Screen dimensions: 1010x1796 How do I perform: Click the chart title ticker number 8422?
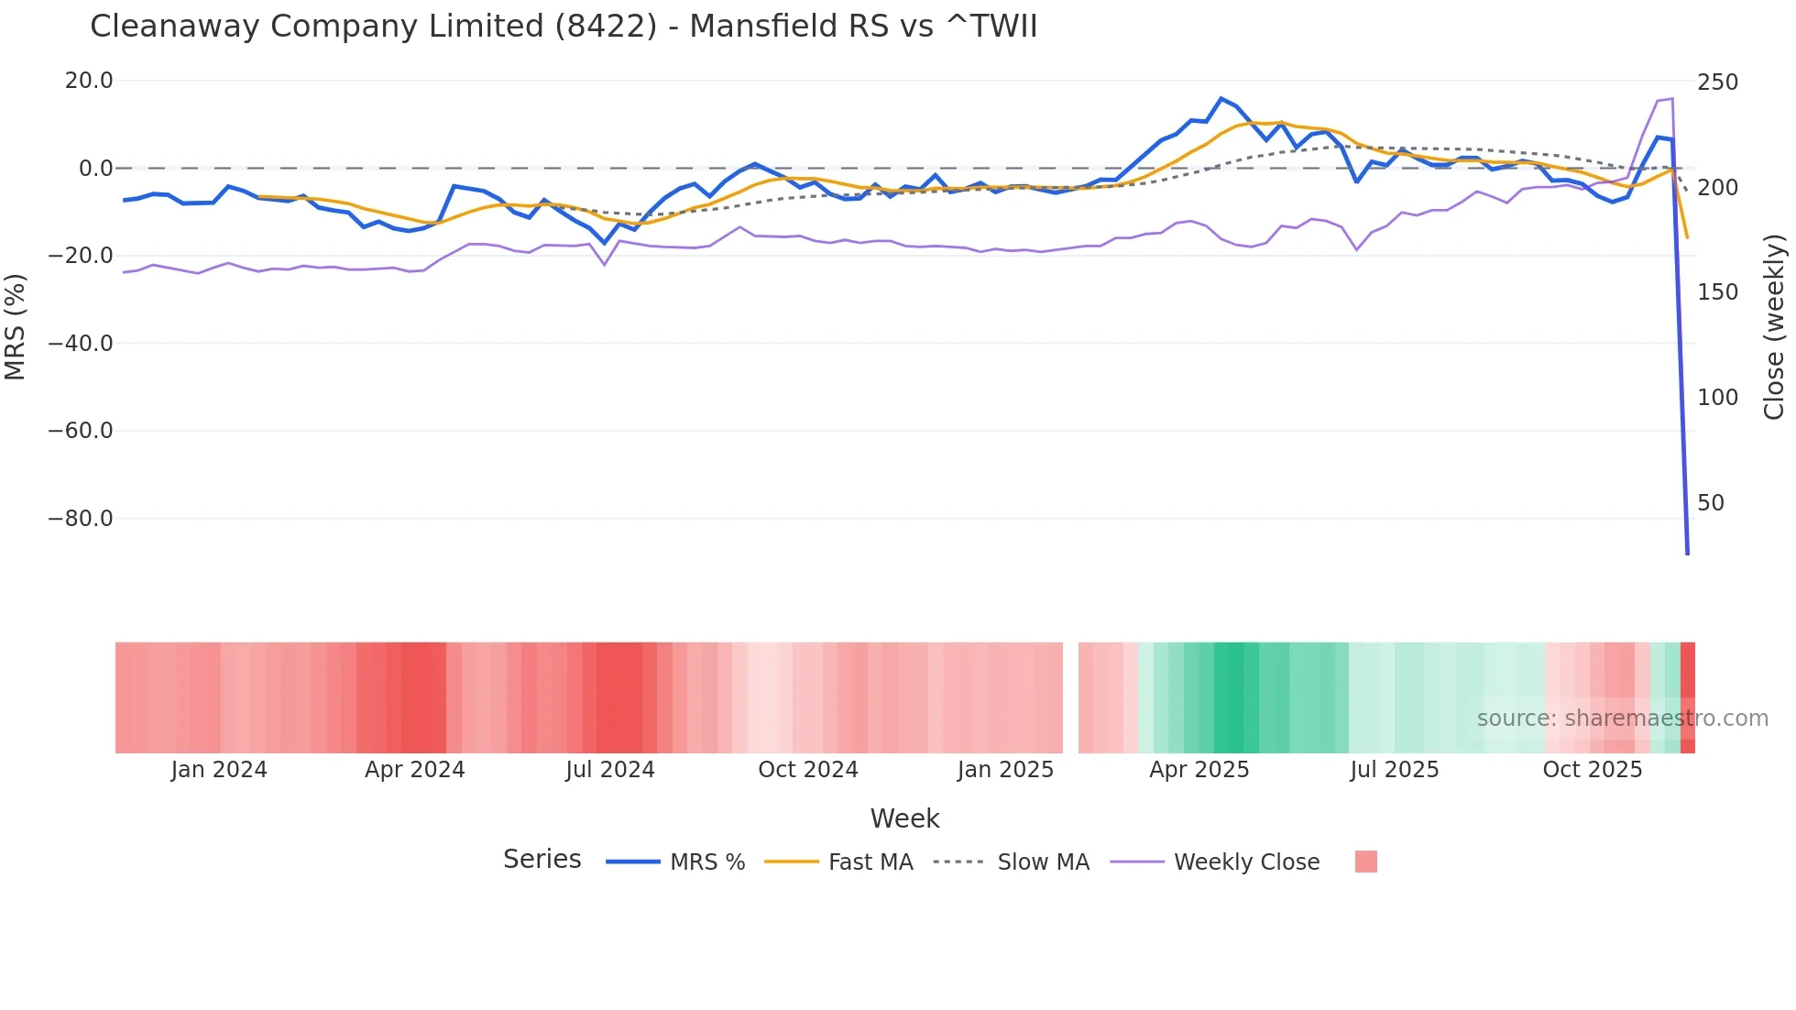[x=606, y=27]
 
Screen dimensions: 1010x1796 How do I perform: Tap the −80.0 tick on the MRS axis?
[x=81, y=519]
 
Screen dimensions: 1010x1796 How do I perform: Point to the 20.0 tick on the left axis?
[x=89, y=81]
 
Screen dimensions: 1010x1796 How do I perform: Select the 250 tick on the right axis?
[x=1717, y=82]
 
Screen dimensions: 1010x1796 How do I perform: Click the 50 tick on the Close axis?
[x=1711, y=503]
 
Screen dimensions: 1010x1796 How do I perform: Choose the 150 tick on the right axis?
[x=1717, y=292]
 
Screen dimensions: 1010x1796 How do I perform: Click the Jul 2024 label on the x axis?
[x=610, y=770]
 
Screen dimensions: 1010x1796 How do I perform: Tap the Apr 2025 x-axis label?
[x=1199, y=770]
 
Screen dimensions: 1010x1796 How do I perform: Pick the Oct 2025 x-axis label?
[x=1592, y=770]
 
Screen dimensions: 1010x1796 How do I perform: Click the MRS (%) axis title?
[x=16, y=326]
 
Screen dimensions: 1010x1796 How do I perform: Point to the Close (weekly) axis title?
[x=1774, y=326]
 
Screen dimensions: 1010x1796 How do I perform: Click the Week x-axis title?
[x=904, y=818]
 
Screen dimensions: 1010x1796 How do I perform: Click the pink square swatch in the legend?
[x=1365, y=862]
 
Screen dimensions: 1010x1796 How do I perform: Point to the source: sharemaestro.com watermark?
[x=1622, y=719]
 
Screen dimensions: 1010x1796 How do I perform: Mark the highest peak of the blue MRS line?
[x=1221, y=98]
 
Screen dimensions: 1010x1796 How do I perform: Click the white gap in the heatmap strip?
[x=1070, y=697]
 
